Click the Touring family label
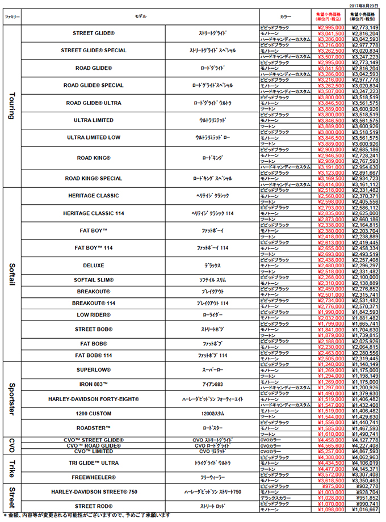click(x=12, y=105)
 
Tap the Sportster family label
click(x=12, y=399)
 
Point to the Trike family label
click(x=12, y=469)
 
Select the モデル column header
click(x=140, y=16)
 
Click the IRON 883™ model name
click(x=93, y=384)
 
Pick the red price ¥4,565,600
click(x=329, y=446)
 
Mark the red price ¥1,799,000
click(x=329, y=323)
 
